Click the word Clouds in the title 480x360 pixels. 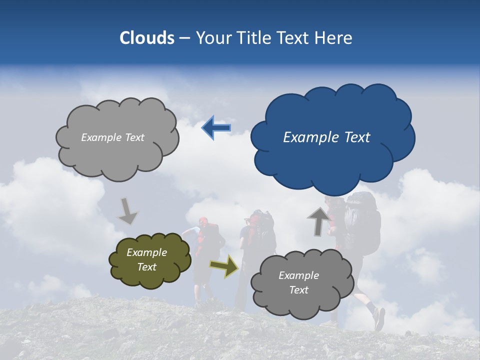tap(147, 38)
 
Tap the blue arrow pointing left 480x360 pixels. tap(216, 128)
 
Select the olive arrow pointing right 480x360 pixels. tap(224, 265)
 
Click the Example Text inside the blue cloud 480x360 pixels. tap(326, 137)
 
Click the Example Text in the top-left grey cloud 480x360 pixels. tap(112, 137)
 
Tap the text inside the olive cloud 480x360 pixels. tap(146, 260)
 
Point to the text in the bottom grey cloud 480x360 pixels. tap(298, 282)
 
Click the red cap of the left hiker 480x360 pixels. tap(202, 220)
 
